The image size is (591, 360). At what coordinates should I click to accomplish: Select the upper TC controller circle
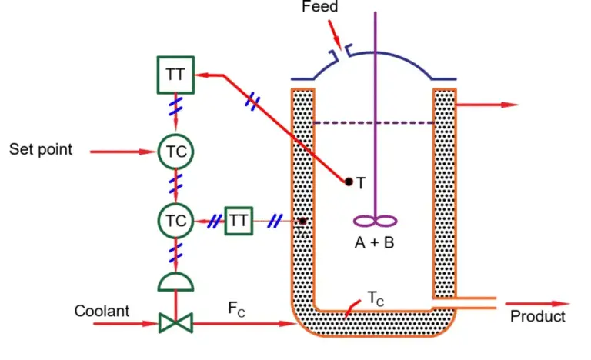[x=175, y=151]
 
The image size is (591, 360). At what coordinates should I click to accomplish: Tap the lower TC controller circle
[x=175, y=221]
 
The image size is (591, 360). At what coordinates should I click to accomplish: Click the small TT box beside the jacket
[x=239, y=221]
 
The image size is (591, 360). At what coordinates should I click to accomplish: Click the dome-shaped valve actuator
[x=175, y=283]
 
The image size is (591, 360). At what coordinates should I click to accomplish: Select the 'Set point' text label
[x=41, y=149]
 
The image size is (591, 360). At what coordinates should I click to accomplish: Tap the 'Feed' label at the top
[x=319, y=7]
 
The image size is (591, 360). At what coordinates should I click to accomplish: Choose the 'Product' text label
[x=538, y=316]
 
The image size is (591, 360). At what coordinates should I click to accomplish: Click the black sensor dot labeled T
[x=349, y=182]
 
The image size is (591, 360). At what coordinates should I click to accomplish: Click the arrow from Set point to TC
[x=123, y=152]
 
